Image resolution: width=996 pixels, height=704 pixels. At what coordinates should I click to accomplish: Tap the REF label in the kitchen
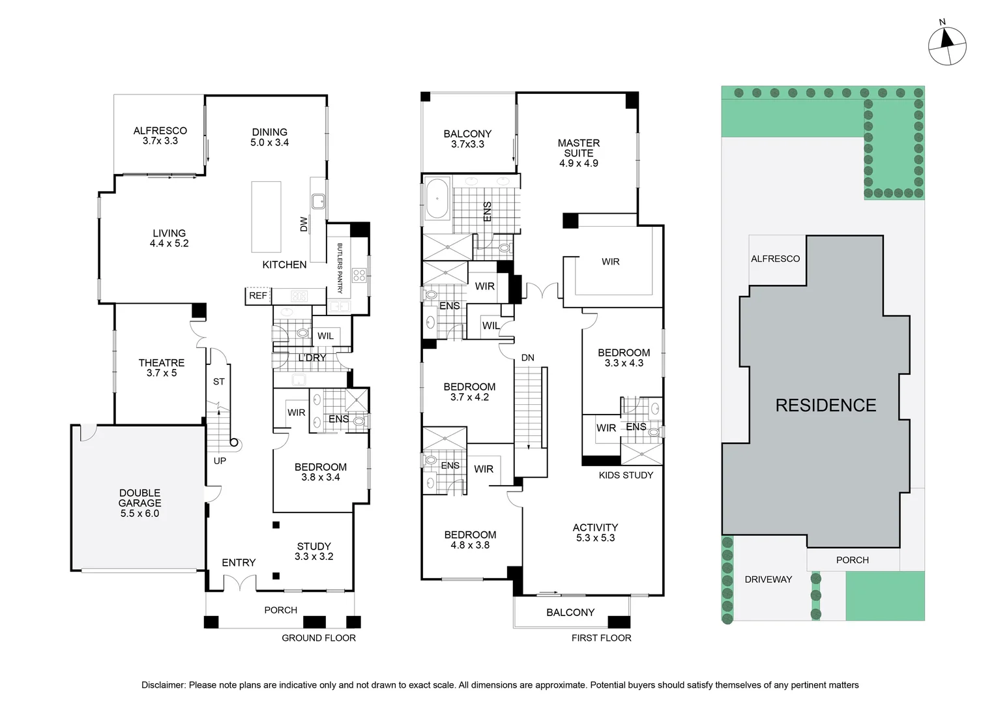coord(258,296)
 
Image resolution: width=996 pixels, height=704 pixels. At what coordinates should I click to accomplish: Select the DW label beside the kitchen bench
coord(304,224)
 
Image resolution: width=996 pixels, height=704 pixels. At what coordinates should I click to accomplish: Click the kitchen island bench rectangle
coord(267,217)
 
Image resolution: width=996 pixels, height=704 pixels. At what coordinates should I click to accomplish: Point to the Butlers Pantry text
coord(340,268)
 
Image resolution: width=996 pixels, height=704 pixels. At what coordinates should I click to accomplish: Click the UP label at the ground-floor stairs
coord(220,461)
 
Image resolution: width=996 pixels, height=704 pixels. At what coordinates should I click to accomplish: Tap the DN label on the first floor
coord(528,358)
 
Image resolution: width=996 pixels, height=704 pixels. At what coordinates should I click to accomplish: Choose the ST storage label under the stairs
coord(219,381)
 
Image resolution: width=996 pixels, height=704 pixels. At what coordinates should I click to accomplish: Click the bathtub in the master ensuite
coord(438,199)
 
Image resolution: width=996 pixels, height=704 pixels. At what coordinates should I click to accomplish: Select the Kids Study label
coord(626,475)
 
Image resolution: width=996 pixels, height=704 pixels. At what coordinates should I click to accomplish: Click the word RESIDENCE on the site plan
coord(826,405)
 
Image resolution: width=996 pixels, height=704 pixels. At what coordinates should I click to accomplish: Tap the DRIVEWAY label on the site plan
coord(769,579)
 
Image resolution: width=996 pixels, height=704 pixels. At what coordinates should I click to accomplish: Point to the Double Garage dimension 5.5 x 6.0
coord(139,513)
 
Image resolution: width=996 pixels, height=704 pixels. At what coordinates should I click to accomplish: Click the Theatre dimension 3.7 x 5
coord(162,373)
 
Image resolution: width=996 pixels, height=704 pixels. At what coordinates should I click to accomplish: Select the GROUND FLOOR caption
coord(319,638)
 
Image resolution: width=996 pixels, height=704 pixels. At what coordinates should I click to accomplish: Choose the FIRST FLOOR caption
coord(601,638)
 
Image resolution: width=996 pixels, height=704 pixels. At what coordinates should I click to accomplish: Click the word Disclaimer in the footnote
coord(163,685)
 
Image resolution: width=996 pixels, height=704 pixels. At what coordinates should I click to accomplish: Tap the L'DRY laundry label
coord(312,358)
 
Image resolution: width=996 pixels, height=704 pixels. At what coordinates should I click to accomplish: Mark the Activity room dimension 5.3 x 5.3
coord(595,538)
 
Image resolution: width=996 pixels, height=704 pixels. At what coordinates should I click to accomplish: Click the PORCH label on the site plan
coord(853,560)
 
